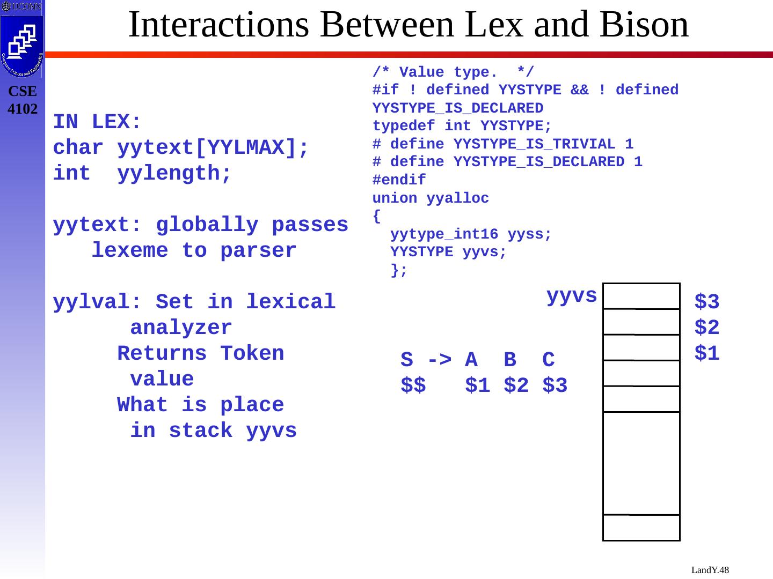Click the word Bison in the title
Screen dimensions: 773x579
coord(644,25)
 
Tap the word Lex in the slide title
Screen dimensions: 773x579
coord(498,25)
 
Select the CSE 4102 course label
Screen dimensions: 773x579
coord(23,100)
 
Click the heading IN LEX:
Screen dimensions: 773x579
coord(97,123)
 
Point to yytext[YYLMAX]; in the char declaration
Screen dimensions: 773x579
coord(214,149)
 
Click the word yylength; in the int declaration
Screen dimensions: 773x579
coord(174,174)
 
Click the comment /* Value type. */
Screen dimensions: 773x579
coord(453,72)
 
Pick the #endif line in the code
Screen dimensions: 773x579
coord(399,180)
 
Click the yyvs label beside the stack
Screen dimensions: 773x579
coord(572,296)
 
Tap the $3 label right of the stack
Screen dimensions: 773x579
coord(706,302)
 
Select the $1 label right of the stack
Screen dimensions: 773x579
coord(706,354)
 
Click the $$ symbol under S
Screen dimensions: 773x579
coord(413,386)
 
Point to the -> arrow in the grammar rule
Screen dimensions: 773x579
coord(440,360)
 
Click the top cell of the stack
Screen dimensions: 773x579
coord(641,296)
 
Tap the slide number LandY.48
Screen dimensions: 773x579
coord(710,570)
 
